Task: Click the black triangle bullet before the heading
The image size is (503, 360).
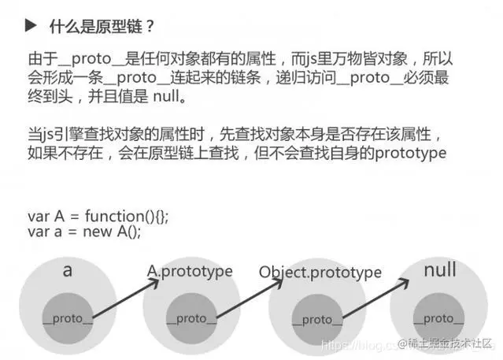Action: click(x=31, y=26)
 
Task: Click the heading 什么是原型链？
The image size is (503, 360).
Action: click(x=102, y=26)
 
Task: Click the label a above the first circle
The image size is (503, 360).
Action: click(x=68, y=270)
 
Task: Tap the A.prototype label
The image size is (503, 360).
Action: click(x=190, y=271)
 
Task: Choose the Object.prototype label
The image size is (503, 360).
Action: click(x=320, y=273)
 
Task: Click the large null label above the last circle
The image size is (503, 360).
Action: click(x=439, y=270)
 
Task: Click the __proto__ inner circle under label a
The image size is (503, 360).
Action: click(x=68, y=317)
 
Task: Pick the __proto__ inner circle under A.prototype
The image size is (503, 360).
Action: click(x=191, y=317)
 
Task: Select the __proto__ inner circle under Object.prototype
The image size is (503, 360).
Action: click(x=317, y=319)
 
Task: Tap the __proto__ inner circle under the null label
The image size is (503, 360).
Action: click(x=438, y=318)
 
